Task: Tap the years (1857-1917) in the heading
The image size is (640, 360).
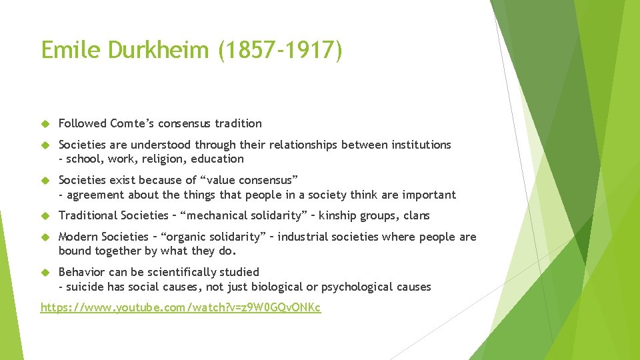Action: pos(280,50)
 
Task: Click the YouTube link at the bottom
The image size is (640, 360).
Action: pos(181,307)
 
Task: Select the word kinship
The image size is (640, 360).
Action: pos(339,215)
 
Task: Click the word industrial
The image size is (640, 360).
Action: pos(304,237)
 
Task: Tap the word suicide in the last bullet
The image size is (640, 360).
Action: pos(84,287)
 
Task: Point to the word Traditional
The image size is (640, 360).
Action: pos(88,215)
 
